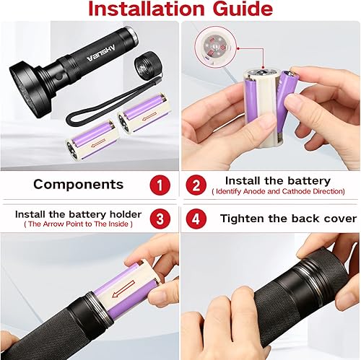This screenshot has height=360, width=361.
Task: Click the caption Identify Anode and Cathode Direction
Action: pyautogui.click(x=278, y=192)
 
